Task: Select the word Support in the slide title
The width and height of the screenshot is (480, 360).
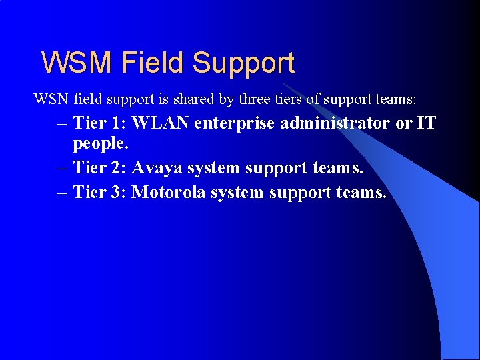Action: tap(243, 63)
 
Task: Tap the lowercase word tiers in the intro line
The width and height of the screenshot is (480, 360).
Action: tap(288, 99)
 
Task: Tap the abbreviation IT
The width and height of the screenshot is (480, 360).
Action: tap(427, 123)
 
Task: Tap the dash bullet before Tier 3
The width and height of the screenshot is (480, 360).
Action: tap(63, 193)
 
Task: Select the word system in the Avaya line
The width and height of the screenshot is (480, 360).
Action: tap(213, 169)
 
